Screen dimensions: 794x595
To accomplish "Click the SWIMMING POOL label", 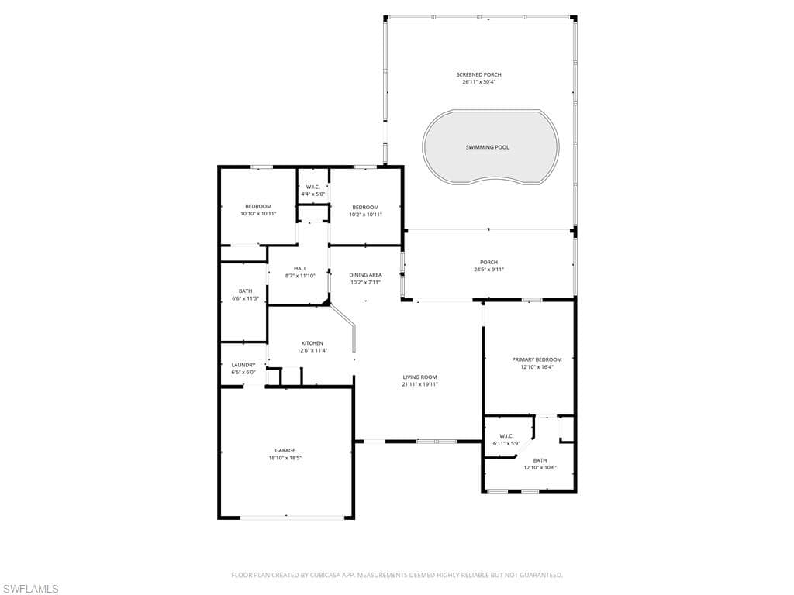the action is click(487, 147).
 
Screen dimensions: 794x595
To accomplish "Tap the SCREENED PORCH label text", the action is click(478, 75).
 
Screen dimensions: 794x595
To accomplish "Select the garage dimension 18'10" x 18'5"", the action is click(285, 458).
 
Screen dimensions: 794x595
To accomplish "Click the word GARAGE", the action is click(285, 451).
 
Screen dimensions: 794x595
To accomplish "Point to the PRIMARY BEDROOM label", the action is click(537, 359).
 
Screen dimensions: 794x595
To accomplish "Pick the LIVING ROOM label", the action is click(419, 377).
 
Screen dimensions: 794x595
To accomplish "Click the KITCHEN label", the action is click(312, 343).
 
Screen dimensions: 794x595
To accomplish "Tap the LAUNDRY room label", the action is click(243, 365).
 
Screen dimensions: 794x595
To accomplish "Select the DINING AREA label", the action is click(366, 275).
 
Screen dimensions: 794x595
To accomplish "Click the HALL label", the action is click(300, 269).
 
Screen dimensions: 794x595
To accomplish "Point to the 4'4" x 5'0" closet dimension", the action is click(313, 194).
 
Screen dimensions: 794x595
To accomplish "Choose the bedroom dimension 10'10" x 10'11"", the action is click(258, 214).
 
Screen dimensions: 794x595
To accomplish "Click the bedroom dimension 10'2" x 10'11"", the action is click(366, 215).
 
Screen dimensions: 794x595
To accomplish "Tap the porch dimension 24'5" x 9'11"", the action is click(488, 270).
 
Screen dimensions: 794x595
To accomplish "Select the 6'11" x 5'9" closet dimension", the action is click(506, 443).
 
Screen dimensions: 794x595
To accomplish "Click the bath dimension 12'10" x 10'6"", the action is click(540, 467).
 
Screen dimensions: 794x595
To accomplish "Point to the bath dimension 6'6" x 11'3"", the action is click(246, 298).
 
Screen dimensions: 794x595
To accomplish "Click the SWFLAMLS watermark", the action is click(30, 589).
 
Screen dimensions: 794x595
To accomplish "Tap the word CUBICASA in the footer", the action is click(326, 575).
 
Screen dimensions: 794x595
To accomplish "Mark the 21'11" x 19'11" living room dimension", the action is click(419, 384).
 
